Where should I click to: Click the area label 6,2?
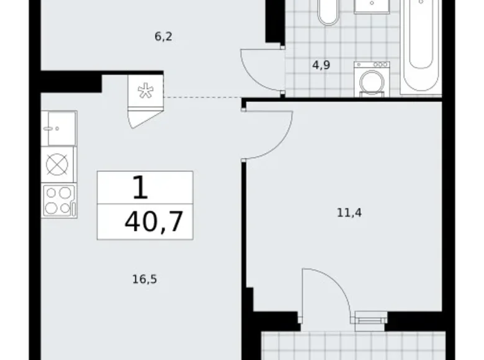tap(163, 37)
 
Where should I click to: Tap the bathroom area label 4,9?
tap(321, 64)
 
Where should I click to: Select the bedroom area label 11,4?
tap(349, 213)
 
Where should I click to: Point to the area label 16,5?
tap(144, 279)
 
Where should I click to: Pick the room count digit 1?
tap(141, 186)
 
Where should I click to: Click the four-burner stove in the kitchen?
tap(59, 201)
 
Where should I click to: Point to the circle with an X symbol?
tap(58, 165)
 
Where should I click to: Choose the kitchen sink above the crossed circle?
tap(59, 128)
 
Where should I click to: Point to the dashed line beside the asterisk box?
tap(202, 97)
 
